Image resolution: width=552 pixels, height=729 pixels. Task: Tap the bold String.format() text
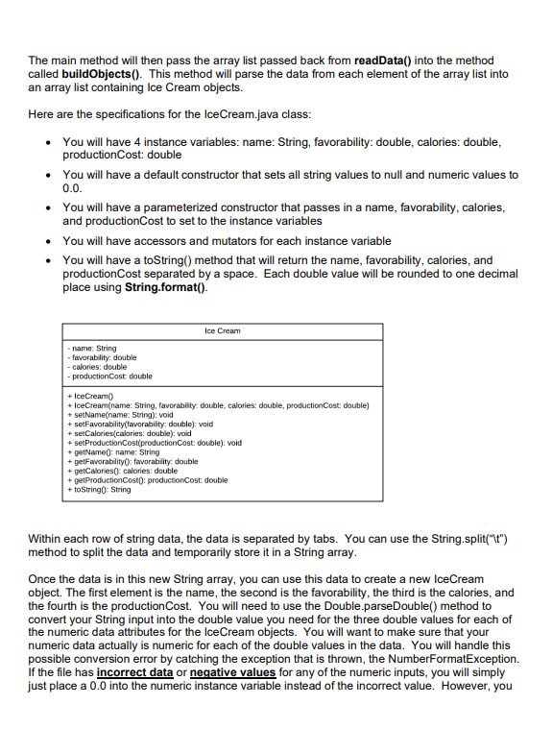pos(166,287)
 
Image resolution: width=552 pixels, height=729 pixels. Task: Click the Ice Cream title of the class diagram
pos(223,330)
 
